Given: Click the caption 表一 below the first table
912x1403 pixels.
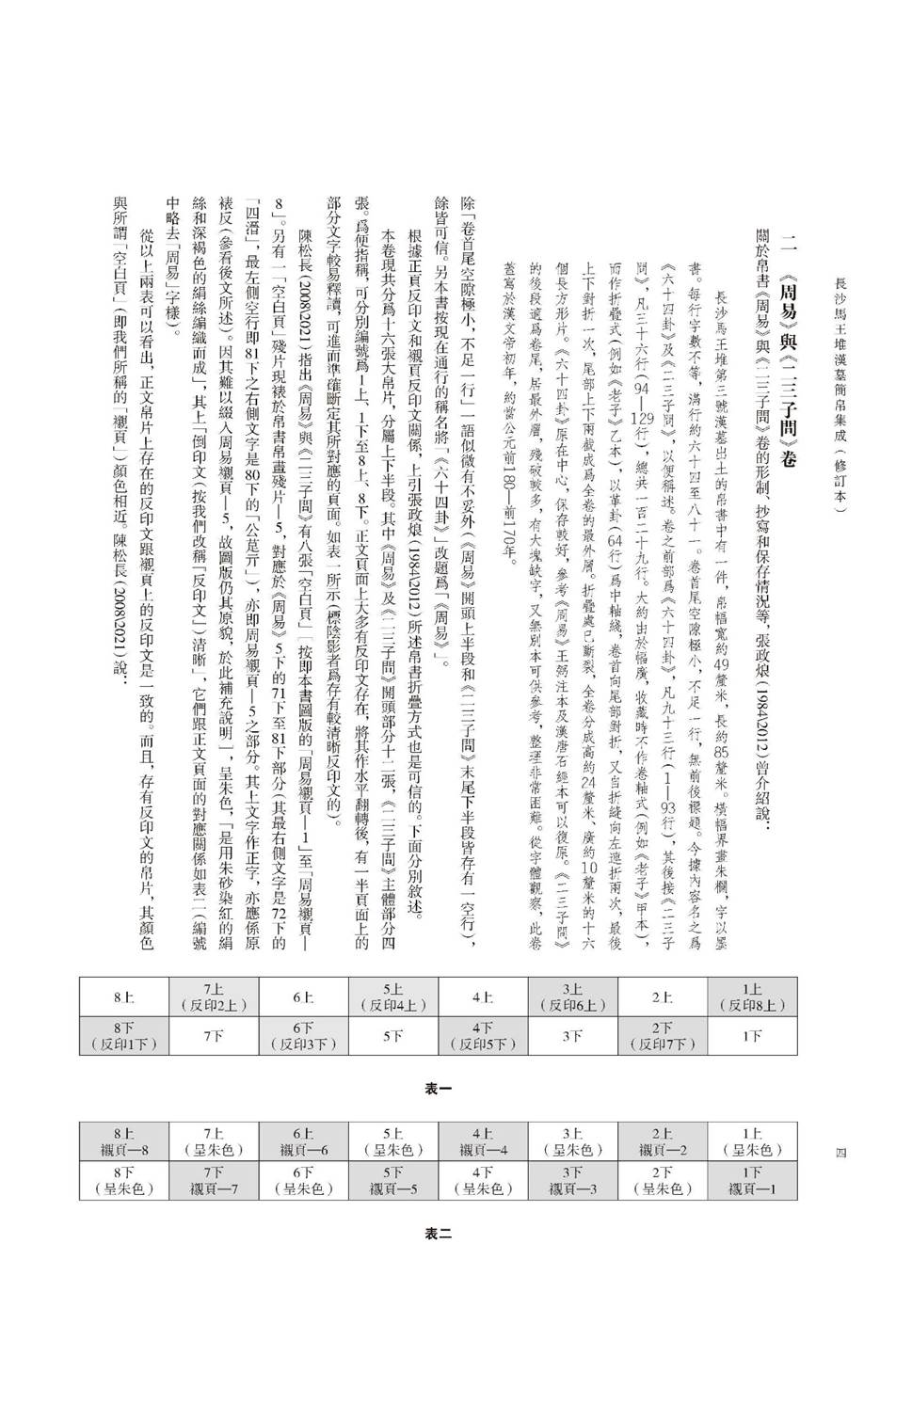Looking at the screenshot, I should coord(439,1088).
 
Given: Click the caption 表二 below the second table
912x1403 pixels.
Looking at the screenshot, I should coord(439,1234).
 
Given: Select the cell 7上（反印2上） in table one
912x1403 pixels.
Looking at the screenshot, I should coord(213,996).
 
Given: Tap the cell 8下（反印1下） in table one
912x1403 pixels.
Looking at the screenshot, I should coord(123,1035).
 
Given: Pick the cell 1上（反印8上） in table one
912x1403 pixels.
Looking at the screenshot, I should coord(751,996).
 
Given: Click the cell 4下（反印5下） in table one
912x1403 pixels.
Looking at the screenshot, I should coord(483,1035).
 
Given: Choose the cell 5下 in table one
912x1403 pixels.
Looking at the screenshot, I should coord(393,1035).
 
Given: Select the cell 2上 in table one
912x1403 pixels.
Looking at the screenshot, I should coord(663,996).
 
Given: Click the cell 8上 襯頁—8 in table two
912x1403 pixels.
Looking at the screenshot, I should coord(123,1141).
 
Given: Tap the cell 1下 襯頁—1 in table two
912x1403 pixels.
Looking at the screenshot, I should coord(751,1180).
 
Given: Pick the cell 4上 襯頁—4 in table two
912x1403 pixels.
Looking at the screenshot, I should coord(483,1141).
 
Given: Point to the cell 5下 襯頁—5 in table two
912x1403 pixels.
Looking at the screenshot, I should coord(393,1180).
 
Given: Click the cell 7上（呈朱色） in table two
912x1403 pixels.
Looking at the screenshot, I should coord(213,1141).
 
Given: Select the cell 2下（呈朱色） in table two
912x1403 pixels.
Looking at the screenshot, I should coord(663,1180).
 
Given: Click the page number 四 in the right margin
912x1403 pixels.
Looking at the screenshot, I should coord(841,1151).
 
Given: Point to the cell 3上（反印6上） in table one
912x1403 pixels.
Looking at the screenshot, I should coord(572,996).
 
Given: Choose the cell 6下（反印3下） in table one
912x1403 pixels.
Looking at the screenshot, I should coord(303,1035).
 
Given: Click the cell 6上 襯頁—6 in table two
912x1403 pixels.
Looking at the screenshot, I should coord(303,1141).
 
